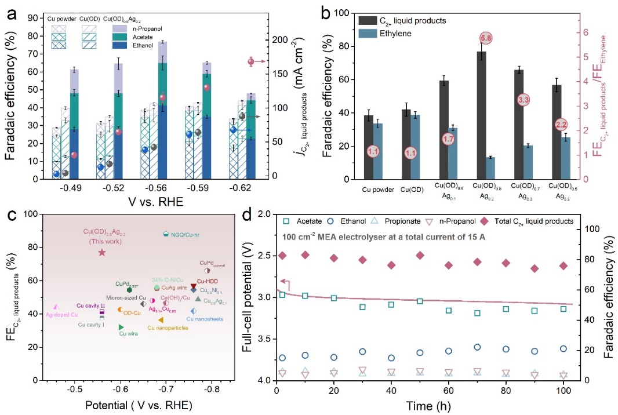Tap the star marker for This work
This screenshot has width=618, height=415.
point(102,252)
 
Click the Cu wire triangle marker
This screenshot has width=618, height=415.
point(121,327)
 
